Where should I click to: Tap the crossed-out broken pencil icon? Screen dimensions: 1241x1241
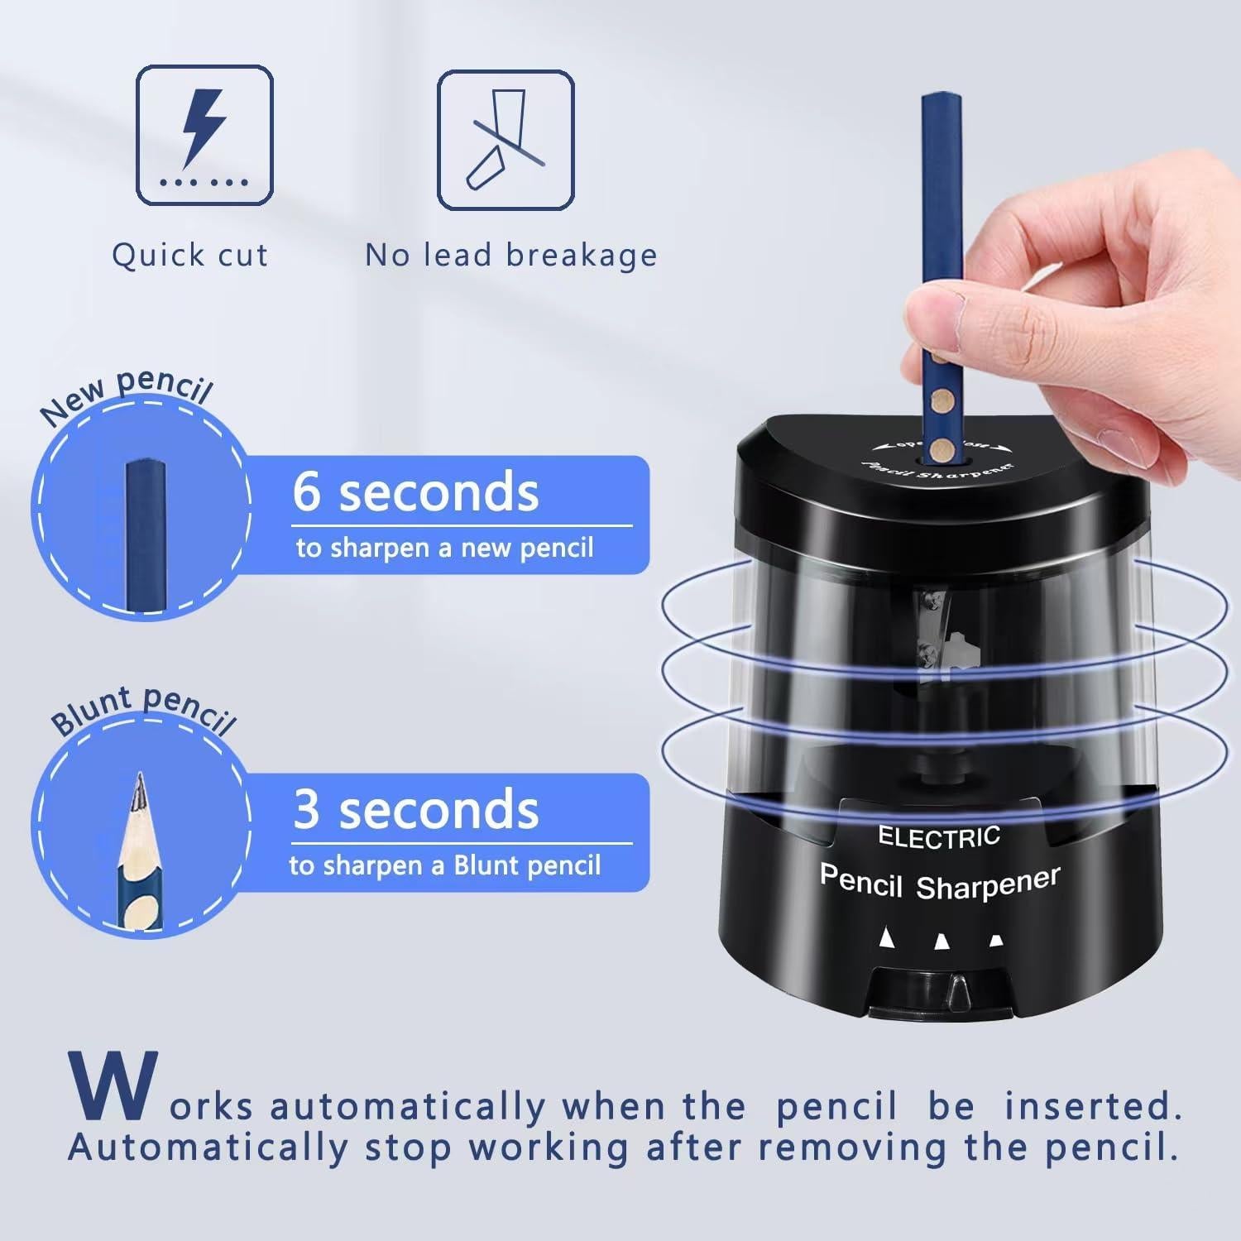(x=505, y=140)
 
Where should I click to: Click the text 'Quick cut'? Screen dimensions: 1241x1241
(x=190, y=255)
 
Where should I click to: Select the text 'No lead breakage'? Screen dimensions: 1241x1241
(x=511, y=255)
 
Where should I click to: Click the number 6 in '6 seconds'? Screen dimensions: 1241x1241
(x=306, y=491)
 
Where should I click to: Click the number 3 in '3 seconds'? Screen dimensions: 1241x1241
(x=306, y=809)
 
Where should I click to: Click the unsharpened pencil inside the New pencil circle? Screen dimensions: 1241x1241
(x=146, y=538)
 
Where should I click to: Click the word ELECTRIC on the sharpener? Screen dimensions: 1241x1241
(x=939, y=837)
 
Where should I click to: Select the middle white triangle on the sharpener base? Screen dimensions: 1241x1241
(x=942, y=941)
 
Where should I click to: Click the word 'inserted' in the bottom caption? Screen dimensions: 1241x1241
(x=1093, y=1106)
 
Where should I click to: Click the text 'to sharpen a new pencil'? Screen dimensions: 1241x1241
(x=445, y=548)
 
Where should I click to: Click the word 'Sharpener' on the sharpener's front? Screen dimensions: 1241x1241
(x=988, y=884)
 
